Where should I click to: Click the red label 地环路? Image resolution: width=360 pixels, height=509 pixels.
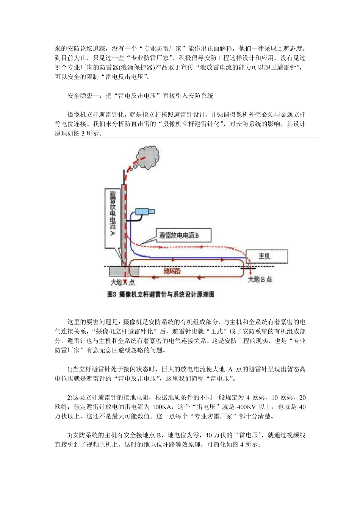coord(172,271)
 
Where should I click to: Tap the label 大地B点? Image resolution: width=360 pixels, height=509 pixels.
coord(260,280)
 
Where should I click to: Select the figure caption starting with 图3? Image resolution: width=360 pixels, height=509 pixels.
coord(161,294)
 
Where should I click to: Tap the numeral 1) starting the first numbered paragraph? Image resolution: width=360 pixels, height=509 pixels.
coord(70,369)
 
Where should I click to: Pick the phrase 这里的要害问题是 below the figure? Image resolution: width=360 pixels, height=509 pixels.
coord(92,322)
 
